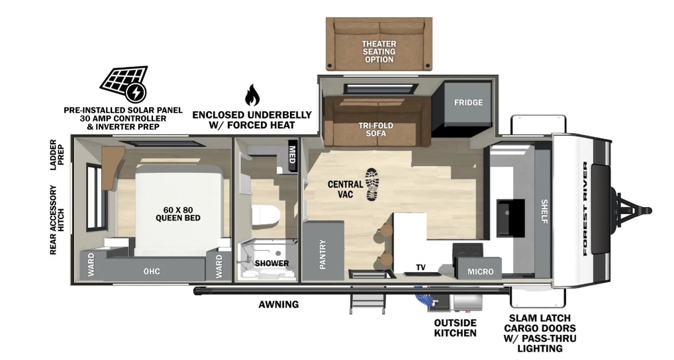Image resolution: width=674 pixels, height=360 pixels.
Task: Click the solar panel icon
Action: coord(124,84)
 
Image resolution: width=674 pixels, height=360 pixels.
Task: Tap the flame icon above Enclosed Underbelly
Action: coord(252,95)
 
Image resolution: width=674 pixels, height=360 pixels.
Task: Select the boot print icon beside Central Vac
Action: coord(372,185)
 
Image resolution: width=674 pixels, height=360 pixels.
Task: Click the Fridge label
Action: coord(469,103)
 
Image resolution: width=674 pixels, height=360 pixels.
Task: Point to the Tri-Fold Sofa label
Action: coord(375,129)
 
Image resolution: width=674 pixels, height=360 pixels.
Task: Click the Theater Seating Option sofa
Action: coord(379,44)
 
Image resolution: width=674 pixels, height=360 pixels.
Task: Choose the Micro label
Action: coord(481,271)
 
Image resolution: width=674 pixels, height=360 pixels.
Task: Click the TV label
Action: coord(421,267)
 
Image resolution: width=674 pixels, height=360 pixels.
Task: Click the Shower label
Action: coord(271,263)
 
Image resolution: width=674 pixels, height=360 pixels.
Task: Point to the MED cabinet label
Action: coord(292,155)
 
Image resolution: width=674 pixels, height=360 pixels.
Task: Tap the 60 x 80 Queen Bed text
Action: coord(178,214)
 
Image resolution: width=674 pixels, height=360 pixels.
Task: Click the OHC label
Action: coord(152,271)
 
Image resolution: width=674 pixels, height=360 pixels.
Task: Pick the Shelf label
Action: coord(544,211)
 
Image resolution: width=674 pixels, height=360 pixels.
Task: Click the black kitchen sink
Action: coord(510,218)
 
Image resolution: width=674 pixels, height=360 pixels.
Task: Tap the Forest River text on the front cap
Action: coord(585,208)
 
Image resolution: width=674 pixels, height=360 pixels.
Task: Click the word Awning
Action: coord(279,304)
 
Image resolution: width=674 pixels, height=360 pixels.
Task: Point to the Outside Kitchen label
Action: coord(456,328)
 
